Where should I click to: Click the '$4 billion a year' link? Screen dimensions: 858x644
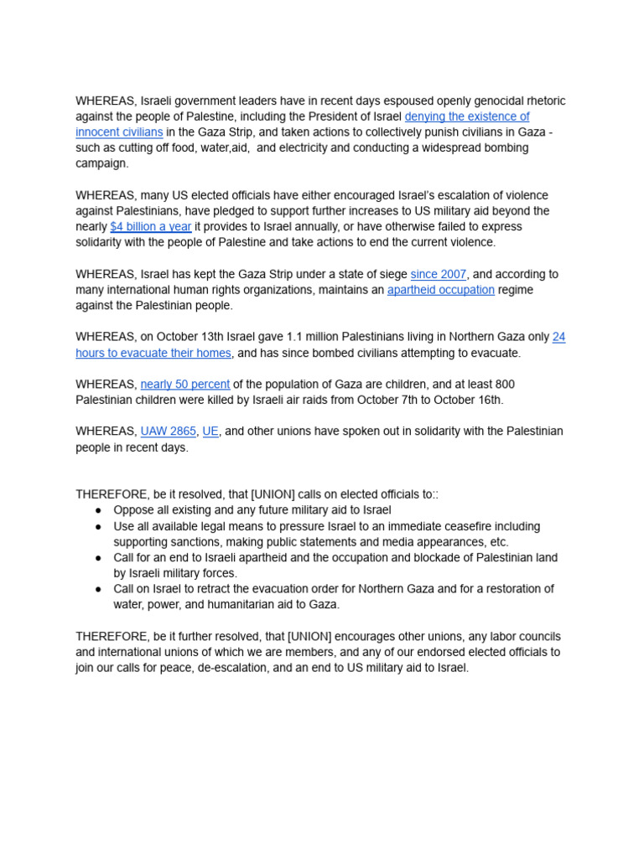point(151,226)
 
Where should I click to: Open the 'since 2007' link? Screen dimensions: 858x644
point(439,274)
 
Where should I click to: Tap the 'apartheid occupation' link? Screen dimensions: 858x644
point(440,290)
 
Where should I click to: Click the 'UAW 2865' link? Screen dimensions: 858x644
point(169,431)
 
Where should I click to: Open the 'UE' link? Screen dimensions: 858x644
point(210,431)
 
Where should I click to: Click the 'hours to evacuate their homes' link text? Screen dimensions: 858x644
point(153,353)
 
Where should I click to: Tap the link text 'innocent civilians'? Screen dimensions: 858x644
point(119,132)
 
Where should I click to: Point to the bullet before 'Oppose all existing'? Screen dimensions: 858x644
point(98,510)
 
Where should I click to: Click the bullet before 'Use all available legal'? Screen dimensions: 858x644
point(98,526)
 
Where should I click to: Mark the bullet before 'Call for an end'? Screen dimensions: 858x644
point(98,557)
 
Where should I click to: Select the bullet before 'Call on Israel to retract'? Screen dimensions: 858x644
point(98,589)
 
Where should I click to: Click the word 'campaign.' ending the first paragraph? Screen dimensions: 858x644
point(101,163)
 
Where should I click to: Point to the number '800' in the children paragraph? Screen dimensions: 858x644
point(504,384)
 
